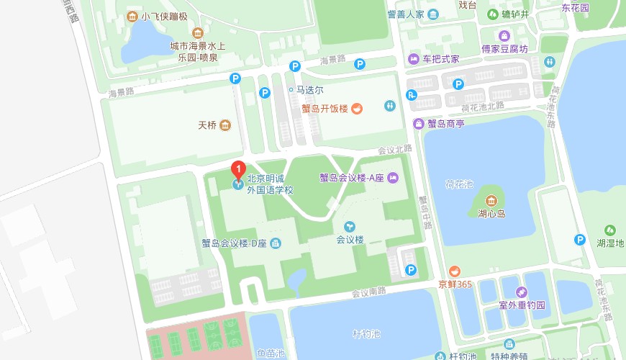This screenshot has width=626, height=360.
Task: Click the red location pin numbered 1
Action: coord(237,171)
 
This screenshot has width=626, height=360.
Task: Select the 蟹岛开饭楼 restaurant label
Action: coord(325,109)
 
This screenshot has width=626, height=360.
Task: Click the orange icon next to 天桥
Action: coord(225,125)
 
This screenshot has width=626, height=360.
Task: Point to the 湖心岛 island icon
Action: coord(492,200)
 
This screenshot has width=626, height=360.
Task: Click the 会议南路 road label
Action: coord(369,293)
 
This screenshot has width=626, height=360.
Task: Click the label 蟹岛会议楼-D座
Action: coord(234,243)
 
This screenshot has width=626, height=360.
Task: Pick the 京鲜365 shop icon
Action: coord(455,271)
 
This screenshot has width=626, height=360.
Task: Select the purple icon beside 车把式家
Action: coord(413,59)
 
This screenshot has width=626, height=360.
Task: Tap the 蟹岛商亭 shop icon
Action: coord(418,123)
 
